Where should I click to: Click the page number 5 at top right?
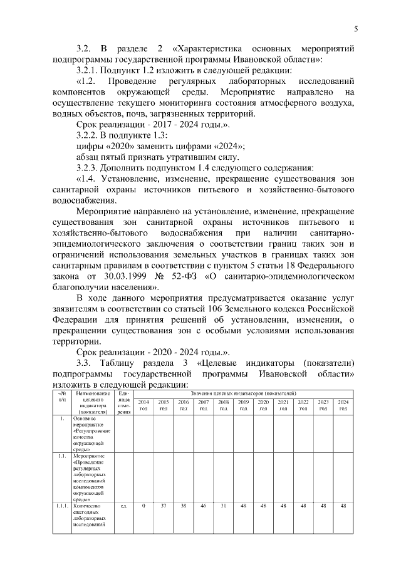[x=355, y=28]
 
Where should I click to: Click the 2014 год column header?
[x=143, y=405]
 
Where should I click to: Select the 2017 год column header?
[x=204, y=405]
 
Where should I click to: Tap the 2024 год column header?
[x=343, y=405]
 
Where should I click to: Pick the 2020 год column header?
[x=264, y=405]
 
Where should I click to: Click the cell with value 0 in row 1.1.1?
[x=143, y=506]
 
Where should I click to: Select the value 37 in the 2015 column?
[x=164, y=506]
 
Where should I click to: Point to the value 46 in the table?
[x=204, y=506]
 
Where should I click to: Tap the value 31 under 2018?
[x=224, y=506]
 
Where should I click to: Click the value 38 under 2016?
[x=184, y=506]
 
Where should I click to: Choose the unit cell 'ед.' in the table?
[x=124, y=506]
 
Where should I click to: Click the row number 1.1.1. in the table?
[x=61, y=506]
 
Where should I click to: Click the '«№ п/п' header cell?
[x=61, y=395]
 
